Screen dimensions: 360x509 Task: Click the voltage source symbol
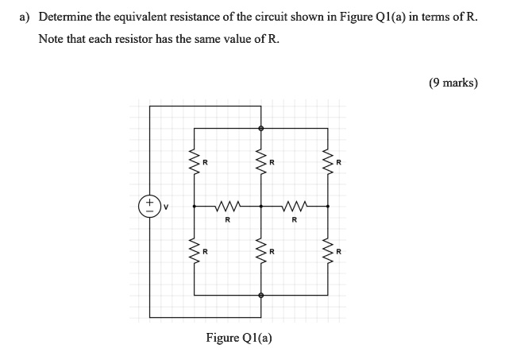tap(148, 205)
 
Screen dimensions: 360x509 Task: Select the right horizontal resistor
tap(295, 206)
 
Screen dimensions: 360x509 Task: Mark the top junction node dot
tap(261, 127)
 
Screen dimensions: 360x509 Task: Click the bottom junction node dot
tap(261, 295)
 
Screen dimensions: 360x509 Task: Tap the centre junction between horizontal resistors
tap(261, 206)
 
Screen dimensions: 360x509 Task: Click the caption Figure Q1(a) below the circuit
tap(239, 338)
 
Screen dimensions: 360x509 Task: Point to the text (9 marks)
tap(453, 82)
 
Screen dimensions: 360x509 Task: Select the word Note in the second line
tap(52, 39)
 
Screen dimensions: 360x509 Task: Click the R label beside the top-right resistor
tap(339, 163)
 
